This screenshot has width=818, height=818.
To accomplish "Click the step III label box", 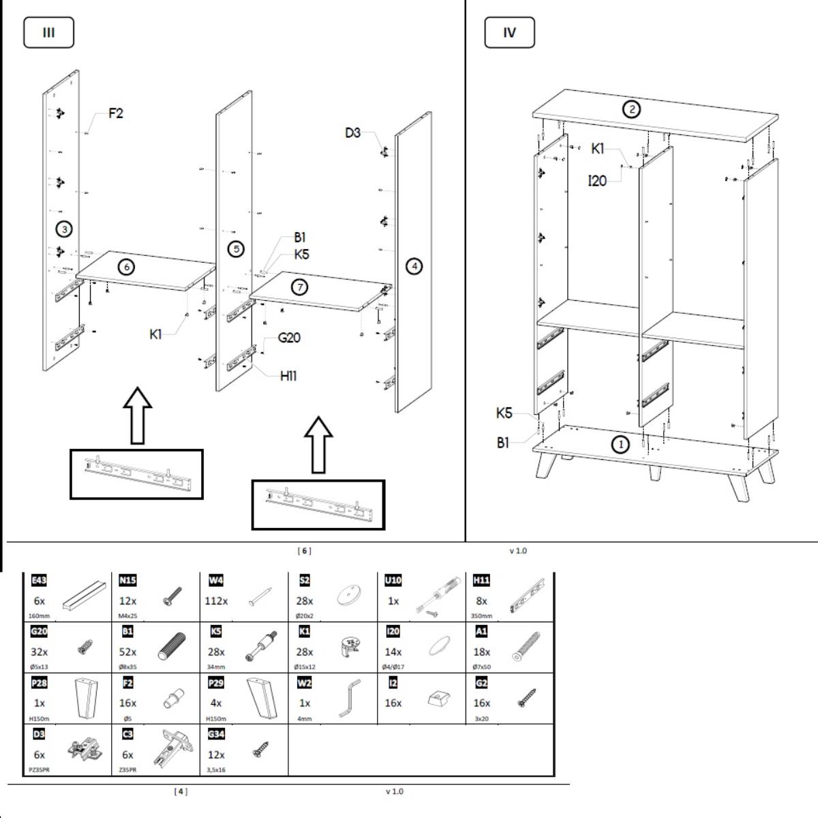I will point(48,33).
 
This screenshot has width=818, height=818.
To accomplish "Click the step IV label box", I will point(509,33).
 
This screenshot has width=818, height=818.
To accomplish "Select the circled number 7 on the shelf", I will point(299,287).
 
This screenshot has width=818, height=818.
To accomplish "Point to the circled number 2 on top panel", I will point(632,108).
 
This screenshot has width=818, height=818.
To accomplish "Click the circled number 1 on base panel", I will point(620,445).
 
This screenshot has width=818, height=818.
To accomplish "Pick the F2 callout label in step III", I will point(116,113).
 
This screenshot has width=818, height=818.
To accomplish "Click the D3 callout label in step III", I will point(352,133).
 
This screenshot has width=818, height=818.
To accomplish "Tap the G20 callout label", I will point(289,338).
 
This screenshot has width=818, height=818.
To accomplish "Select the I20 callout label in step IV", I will point(597,181).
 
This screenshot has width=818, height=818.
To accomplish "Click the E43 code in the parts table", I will point(39,581).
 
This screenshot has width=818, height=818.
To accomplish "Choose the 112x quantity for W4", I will point(216,601).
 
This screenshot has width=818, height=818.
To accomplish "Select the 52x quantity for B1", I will point(127,652).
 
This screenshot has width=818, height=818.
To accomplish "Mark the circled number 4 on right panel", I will point(414,266).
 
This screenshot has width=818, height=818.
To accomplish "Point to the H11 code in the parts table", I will point(481,581).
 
